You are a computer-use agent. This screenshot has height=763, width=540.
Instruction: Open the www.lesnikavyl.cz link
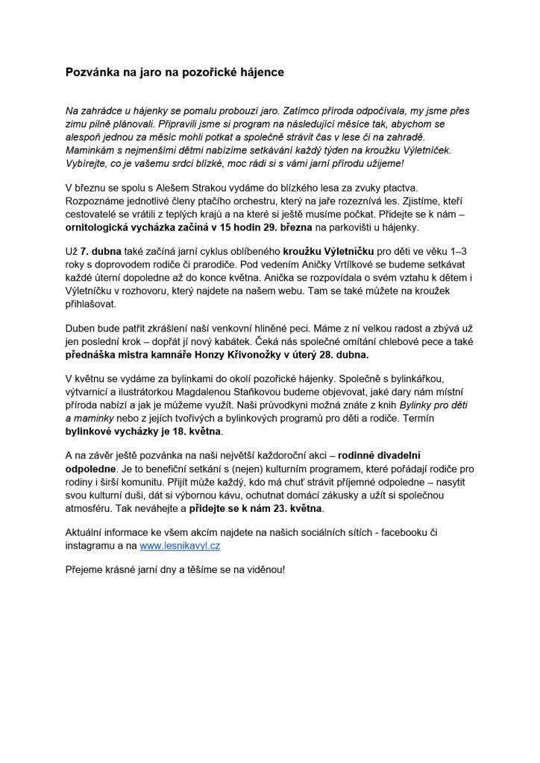(x=180, y=545)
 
